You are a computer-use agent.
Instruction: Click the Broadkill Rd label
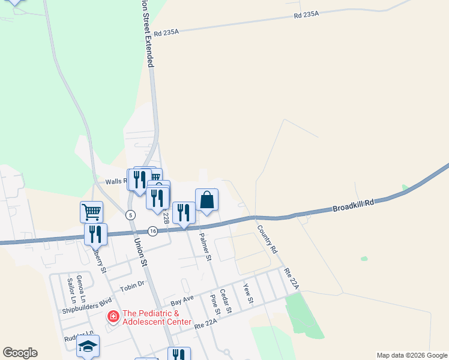(x=353, y=206)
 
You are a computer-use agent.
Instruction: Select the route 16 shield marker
(x=152, y=231)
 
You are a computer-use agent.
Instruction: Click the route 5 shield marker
(x=130, y=215)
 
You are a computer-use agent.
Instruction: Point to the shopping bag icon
(x=206, y=200)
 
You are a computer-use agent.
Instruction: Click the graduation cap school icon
(x=88, y=346)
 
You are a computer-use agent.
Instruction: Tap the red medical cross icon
(x=112, y=316)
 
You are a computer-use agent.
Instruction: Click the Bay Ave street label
(x=182, y=298)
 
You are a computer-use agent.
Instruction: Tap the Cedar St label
(x=225, y=301)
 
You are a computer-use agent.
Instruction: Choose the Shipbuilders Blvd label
(x=87, y=307)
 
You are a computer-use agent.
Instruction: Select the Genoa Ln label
(x=83, y=290)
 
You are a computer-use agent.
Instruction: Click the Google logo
(x=20, y=353)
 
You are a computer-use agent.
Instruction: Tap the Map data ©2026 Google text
(x=411, y=355)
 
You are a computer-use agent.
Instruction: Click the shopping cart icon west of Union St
(x=91, y=211)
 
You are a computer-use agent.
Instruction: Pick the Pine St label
(x=214, y=305)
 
